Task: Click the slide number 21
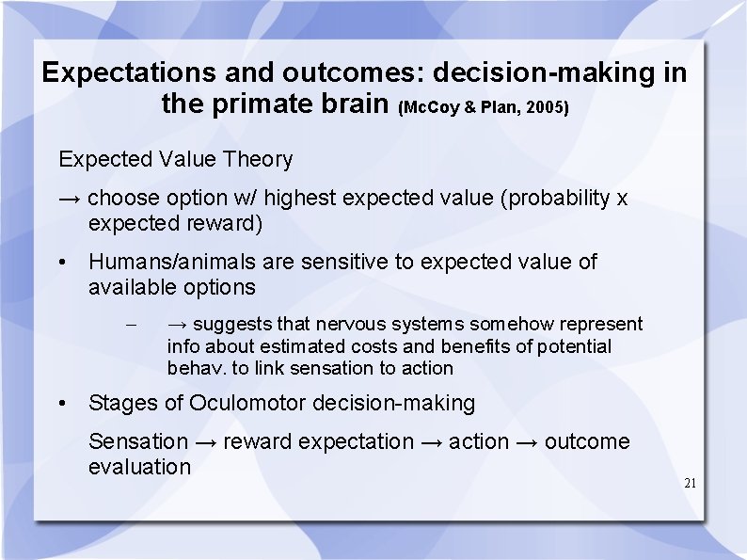click(691, 483)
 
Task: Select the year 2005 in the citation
click(548, 107)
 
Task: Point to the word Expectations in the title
click(123, 72)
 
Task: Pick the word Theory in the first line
click(258, 160)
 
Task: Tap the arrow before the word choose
click(70, 199)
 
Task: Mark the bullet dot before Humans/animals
click(61, 263)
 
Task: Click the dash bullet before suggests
click(132, 326)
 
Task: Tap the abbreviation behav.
click(193, 368)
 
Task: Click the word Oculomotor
click(247, 404)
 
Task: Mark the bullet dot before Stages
click(61, 404)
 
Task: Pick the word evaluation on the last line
click(139, 467)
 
